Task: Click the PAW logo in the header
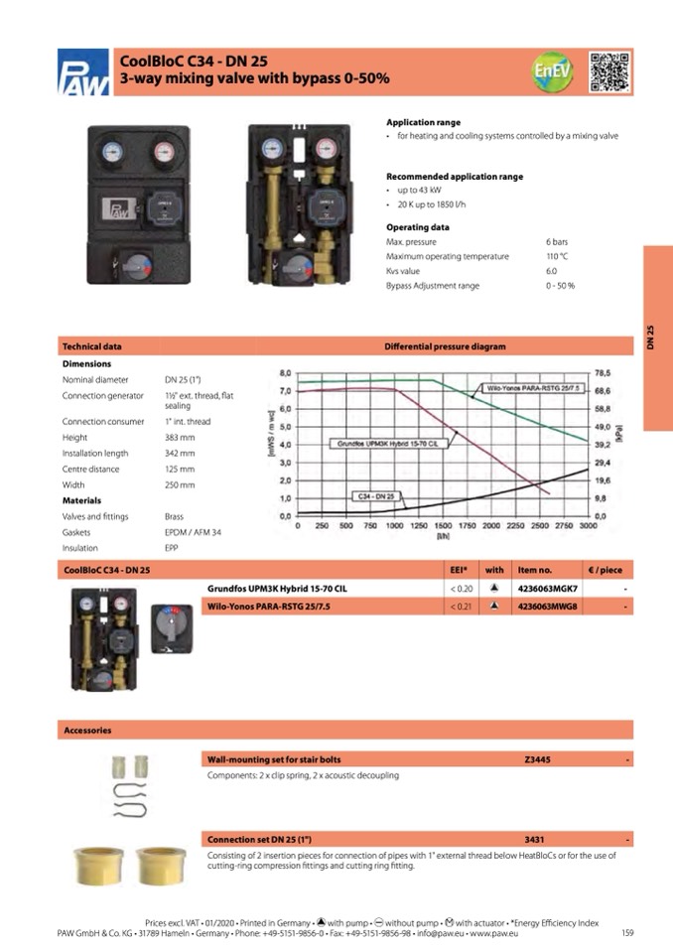click(83, 71)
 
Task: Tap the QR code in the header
click(609, 70)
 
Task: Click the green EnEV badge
click(552, 71)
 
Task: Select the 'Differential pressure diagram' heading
click(445, 346)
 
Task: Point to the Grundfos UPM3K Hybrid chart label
click(387, 444)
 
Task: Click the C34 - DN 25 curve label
click(377, 495)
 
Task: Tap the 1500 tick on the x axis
click(443, 525)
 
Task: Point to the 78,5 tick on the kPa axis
click(602, 372)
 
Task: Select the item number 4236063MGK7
click(547, 588)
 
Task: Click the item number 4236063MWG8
click(547, 605)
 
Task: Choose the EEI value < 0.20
click(459, 588)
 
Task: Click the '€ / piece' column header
click(605, 570)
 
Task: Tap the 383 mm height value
click(180, 437)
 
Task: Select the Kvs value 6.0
click(551, 271)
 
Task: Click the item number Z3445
click(537, 759)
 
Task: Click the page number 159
click(627, 931)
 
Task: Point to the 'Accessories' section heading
click(87, 730)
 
